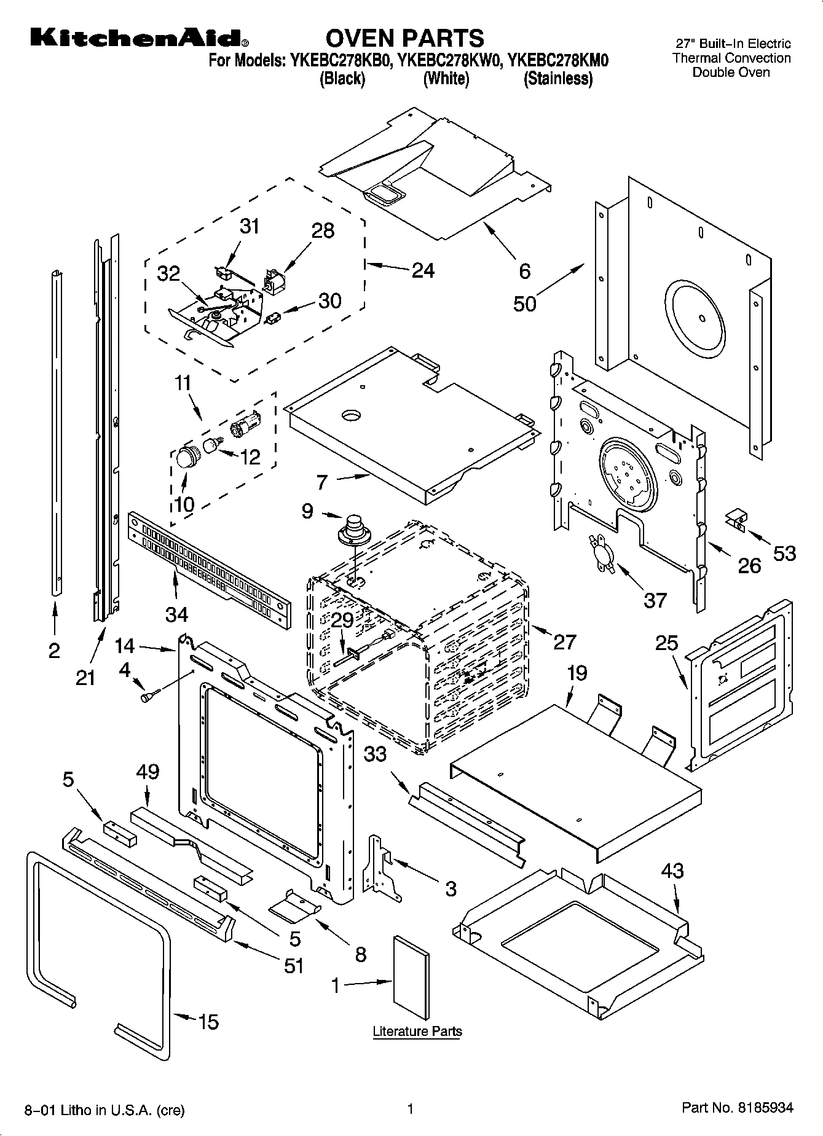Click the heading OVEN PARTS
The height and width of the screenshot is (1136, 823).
coord(404,38)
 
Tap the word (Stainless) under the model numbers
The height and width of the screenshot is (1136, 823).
coord(557,79)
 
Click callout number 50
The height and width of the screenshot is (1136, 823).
coord(524,304)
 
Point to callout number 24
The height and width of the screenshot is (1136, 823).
coord(423,270)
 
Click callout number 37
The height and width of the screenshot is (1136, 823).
coord(655,600)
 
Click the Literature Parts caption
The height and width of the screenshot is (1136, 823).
coord(417,1030)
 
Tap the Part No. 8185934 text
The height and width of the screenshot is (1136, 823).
coord(737,1108)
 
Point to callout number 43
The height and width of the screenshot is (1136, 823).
coord(672,871)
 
